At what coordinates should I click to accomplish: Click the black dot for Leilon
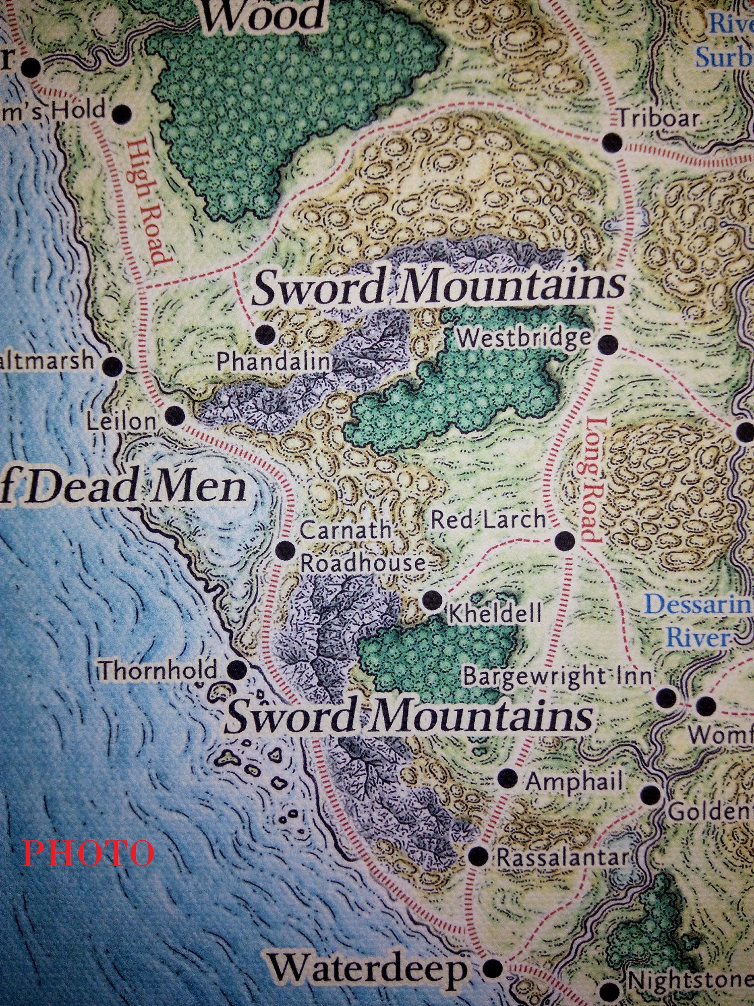(x=175, y=415)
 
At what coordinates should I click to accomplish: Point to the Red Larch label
(x=488, y=519)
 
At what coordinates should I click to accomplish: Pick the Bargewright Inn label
(x=557, y=678)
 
